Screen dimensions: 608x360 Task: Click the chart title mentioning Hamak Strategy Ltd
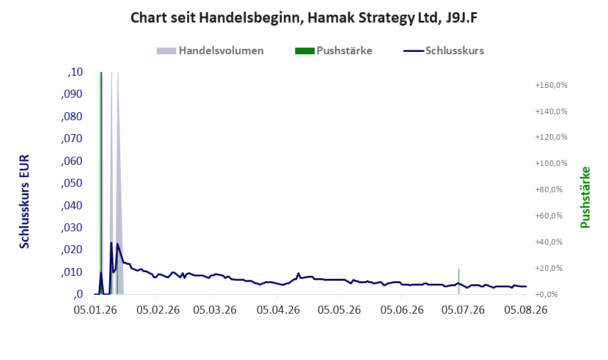pos(304,18)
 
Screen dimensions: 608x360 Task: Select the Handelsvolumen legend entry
pos(210,51)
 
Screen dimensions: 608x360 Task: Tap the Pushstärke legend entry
pos(334,51)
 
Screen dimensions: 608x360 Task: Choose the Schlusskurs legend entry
pos(443,51)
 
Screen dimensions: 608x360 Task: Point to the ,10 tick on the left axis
pos(75,72)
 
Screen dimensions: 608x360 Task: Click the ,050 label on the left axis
pos(72,183)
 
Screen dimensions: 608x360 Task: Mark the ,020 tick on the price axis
pos(72,250)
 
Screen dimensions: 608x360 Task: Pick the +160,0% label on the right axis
pos(551,85)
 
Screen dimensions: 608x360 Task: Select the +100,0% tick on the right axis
pos(551,164)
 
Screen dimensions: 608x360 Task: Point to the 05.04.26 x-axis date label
pos(278,310)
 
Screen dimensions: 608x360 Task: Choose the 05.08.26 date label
pos(526,310)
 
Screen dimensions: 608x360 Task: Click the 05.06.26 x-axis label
pos(402,310)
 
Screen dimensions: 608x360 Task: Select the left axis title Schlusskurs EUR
pos(24,202)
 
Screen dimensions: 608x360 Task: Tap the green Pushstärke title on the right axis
pos(585,197)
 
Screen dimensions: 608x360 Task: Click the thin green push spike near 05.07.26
pos(459,281)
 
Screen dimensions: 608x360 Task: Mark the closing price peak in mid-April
pos(298,273)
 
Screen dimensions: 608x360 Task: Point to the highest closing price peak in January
pos(111,243)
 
